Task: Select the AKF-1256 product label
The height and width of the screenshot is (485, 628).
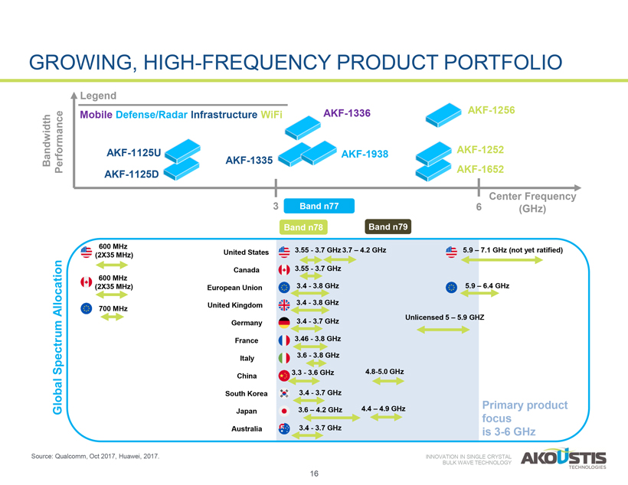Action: click(x=491, y=110)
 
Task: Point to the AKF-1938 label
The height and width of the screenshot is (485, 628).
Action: click(x=365, y=155)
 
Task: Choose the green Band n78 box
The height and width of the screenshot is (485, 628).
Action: click(x=305, y=227)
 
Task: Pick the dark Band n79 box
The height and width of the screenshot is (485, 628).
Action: click(x=389, y=226)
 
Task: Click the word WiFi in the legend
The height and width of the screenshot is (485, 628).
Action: click(x=271, y=116)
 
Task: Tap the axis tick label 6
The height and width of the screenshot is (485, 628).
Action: click(x=479, y=207)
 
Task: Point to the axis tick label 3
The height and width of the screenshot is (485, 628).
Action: click(x=274, y=207)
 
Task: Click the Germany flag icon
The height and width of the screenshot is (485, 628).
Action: click(x=283, y=323)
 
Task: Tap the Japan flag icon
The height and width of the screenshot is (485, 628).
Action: click(x=283, y=411)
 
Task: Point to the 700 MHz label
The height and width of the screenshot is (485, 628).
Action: click(x=113, y=308)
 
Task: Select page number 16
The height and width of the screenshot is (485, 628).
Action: click(x=314, y=474)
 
